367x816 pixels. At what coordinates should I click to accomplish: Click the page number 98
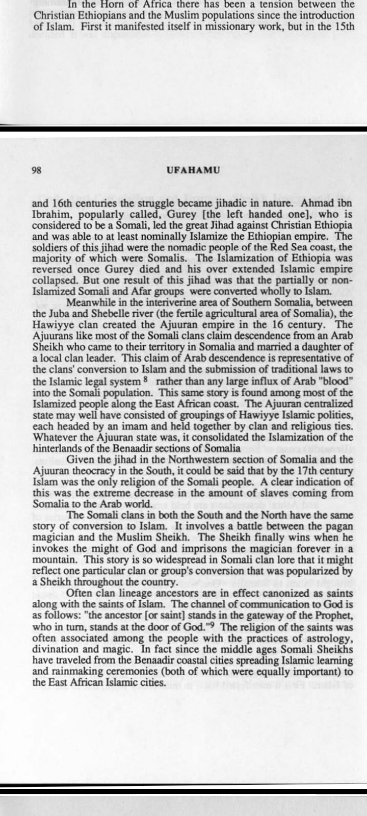coord(37,170)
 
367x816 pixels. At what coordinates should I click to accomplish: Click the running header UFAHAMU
coord(193,170)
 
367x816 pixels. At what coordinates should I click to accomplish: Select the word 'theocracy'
coord(84,472)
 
